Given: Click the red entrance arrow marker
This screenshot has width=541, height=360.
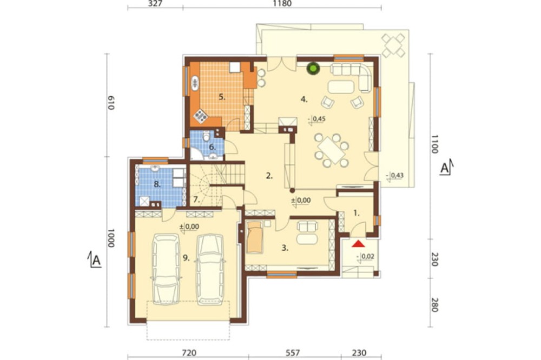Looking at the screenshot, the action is point(358,244).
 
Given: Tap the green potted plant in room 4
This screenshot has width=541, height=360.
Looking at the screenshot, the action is point(314,68).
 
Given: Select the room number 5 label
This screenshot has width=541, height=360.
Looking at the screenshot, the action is point(222,97).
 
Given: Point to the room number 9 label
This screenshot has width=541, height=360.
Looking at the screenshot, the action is point(186,258).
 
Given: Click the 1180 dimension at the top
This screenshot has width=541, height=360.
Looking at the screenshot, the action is point(282,4).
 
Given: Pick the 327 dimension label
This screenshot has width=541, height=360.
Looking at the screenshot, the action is point(155,4).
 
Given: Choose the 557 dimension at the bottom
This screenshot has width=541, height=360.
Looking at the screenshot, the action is point(293,353).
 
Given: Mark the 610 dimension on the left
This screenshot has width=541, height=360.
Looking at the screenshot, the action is point(110,102).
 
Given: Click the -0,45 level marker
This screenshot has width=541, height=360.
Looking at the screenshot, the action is point(316,119).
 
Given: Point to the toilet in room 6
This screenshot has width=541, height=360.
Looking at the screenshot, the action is point(206,137).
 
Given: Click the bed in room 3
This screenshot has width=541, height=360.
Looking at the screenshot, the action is point(255,237).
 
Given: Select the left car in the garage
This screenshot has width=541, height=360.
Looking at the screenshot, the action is point(166,269).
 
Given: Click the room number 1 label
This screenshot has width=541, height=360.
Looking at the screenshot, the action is point(357,213).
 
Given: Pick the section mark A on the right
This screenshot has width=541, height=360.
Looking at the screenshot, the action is point(446,168).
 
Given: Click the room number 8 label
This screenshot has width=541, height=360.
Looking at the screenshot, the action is point(157,184).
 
